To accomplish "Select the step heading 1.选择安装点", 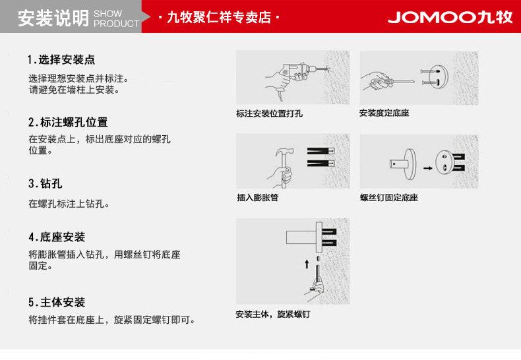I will click(x=61, y=60).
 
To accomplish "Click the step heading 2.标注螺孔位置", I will click(x=68, y=123).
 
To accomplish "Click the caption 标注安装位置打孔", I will click(x=270, y=113).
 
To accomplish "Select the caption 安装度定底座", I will click(x=384, y=113).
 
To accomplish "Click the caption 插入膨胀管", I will click(x=257, y=197).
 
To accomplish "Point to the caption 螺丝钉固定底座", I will click(x=388, y=197).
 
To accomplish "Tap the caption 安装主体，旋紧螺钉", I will click(x=272, y=315).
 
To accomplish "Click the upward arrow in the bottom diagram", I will click(x=306, y=264).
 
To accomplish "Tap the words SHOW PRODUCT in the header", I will click(x=116, y=18).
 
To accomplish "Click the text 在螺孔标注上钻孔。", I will click(x=69, y=204).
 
